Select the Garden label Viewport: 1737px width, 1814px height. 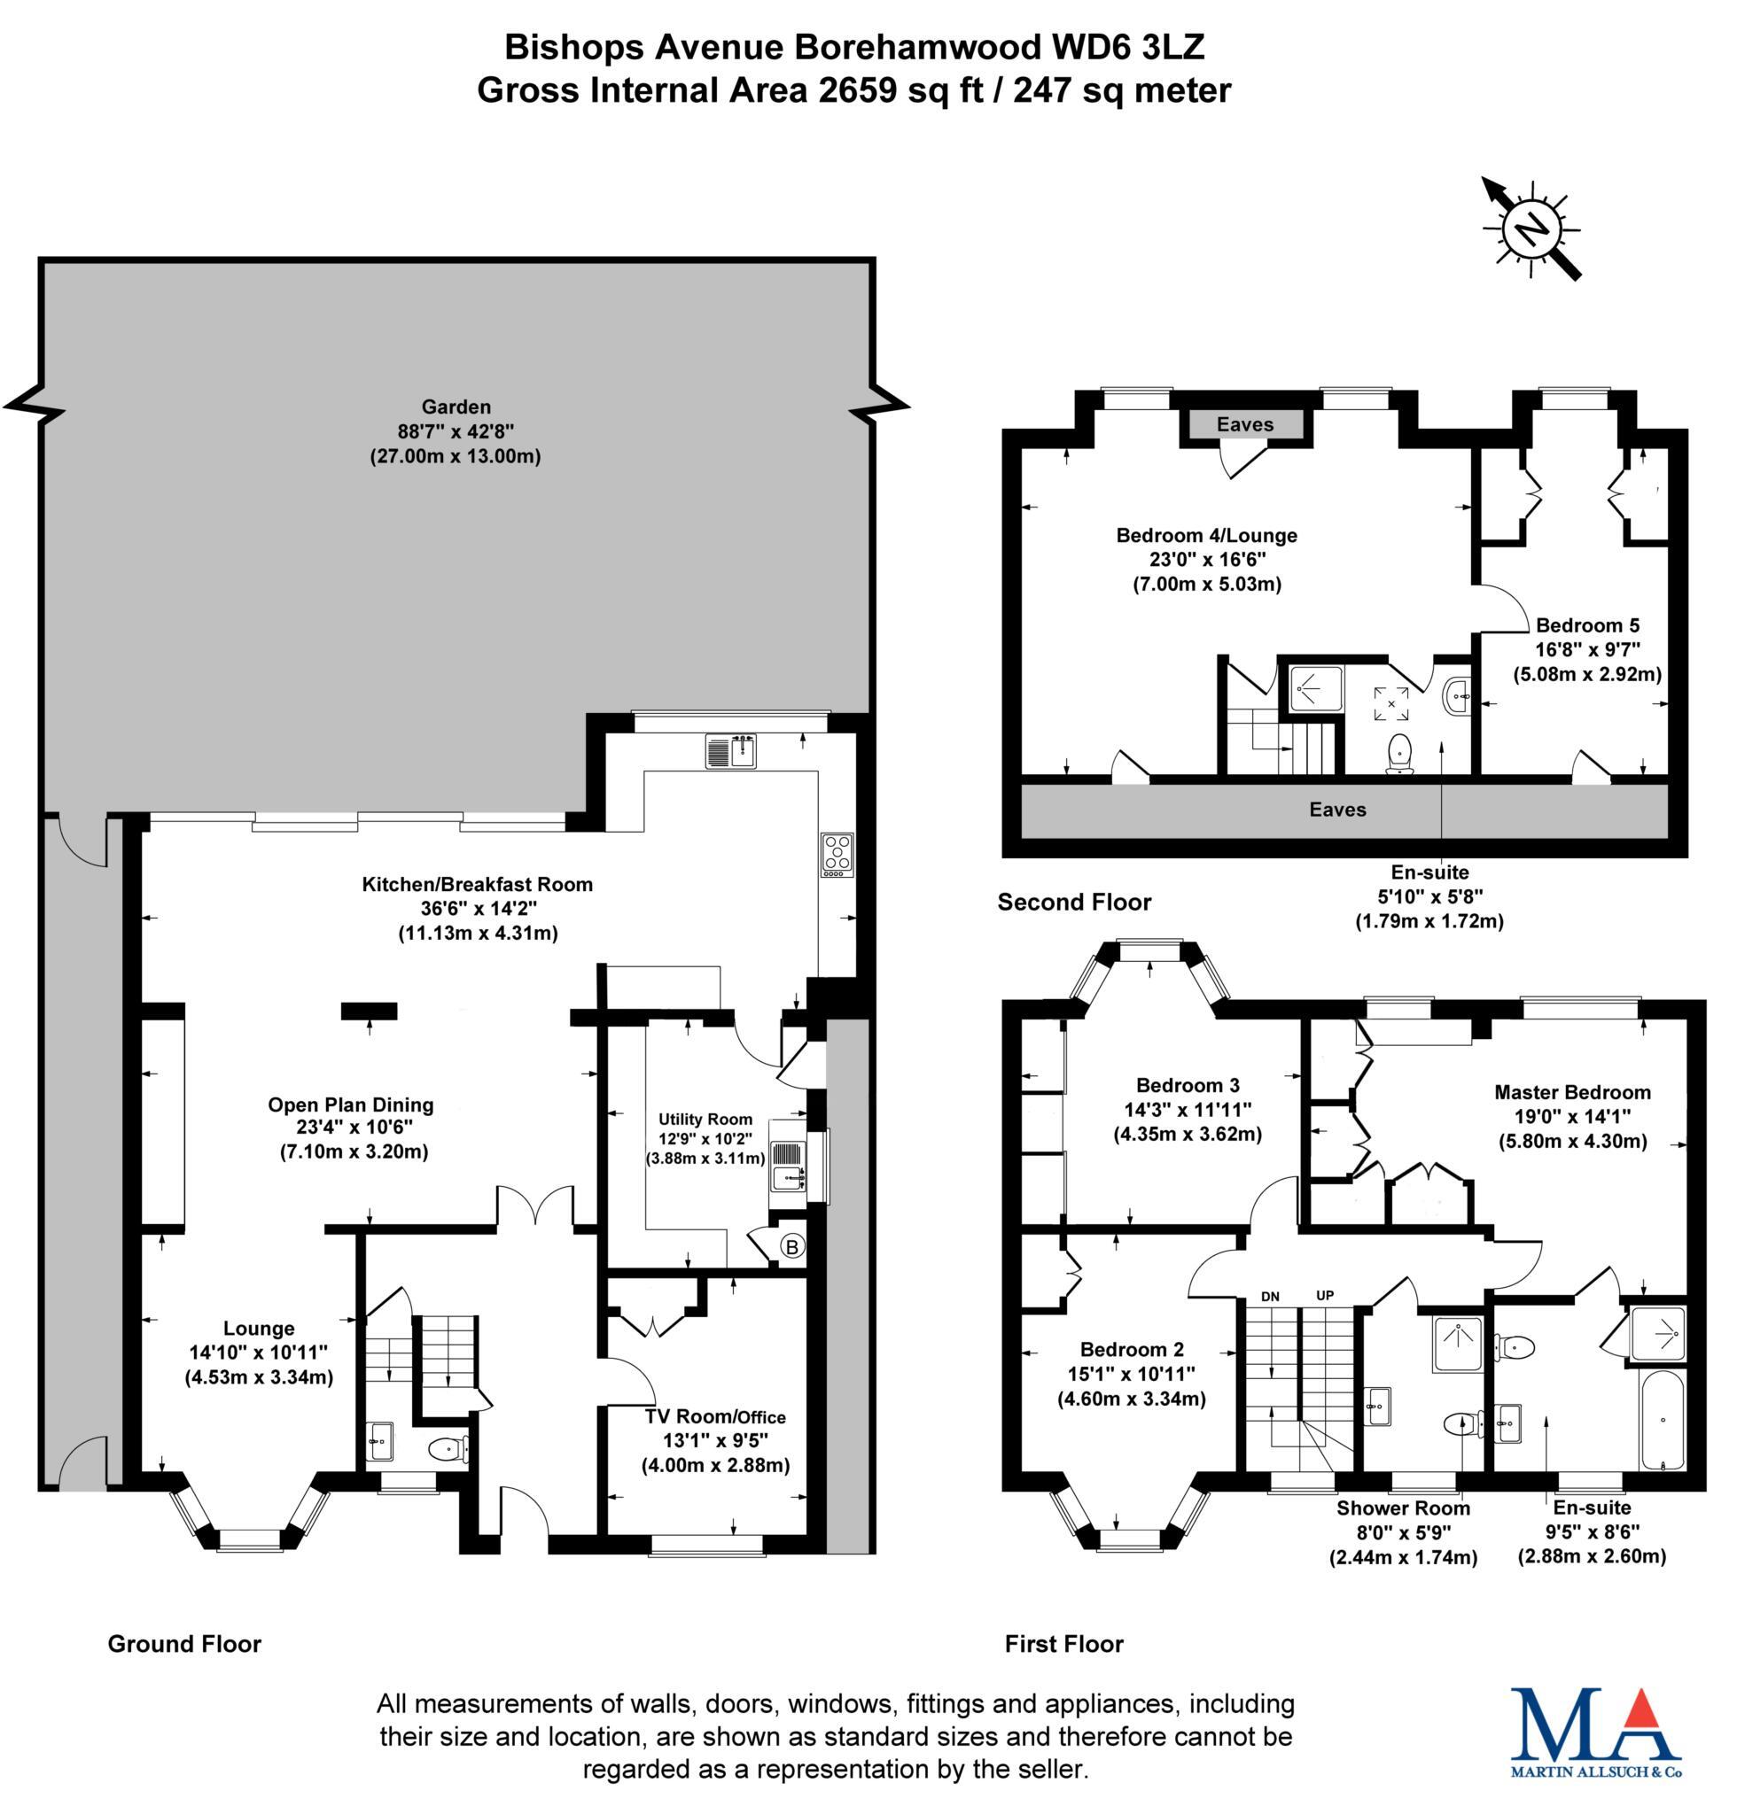pyautogui.click(x=456, y=407)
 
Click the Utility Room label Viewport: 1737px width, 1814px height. pyautogui.click(x=705, y=1119)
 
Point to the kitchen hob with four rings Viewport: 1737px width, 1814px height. pyautogui.click(x=836, y=854)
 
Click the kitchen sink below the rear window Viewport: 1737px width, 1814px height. pyautogui.click(x=730, y=750)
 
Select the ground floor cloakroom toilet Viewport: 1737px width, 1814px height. pyautogui.click(x=449, y=1446)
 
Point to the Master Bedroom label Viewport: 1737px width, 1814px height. pyautogui.click(x=1572, y=1092)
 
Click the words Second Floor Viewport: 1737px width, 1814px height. pyautogui.click(x=1074, y=903)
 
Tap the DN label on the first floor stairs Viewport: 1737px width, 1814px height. pyautogui.click(x=1270, y=1297)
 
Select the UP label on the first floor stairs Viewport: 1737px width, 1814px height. pyautogui.click(x=1325, y=1296)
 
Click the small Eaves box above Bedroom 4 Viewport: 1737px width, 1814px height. pyautogui.click(x=1245, y=425)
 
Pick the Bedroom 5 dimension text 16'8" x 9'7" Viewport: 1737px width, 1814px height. pyautogui.click(x=1587, y=650)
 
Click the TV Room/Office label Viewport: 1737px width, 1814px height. pyautogui.click(x=715, y=1416)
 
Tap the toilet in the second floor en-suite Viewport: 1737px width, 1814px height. pyautogui.click(x=1398, y=753)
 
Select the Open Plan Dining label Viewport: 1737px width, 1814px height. pyautogui.click(x=351, y=1105)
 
